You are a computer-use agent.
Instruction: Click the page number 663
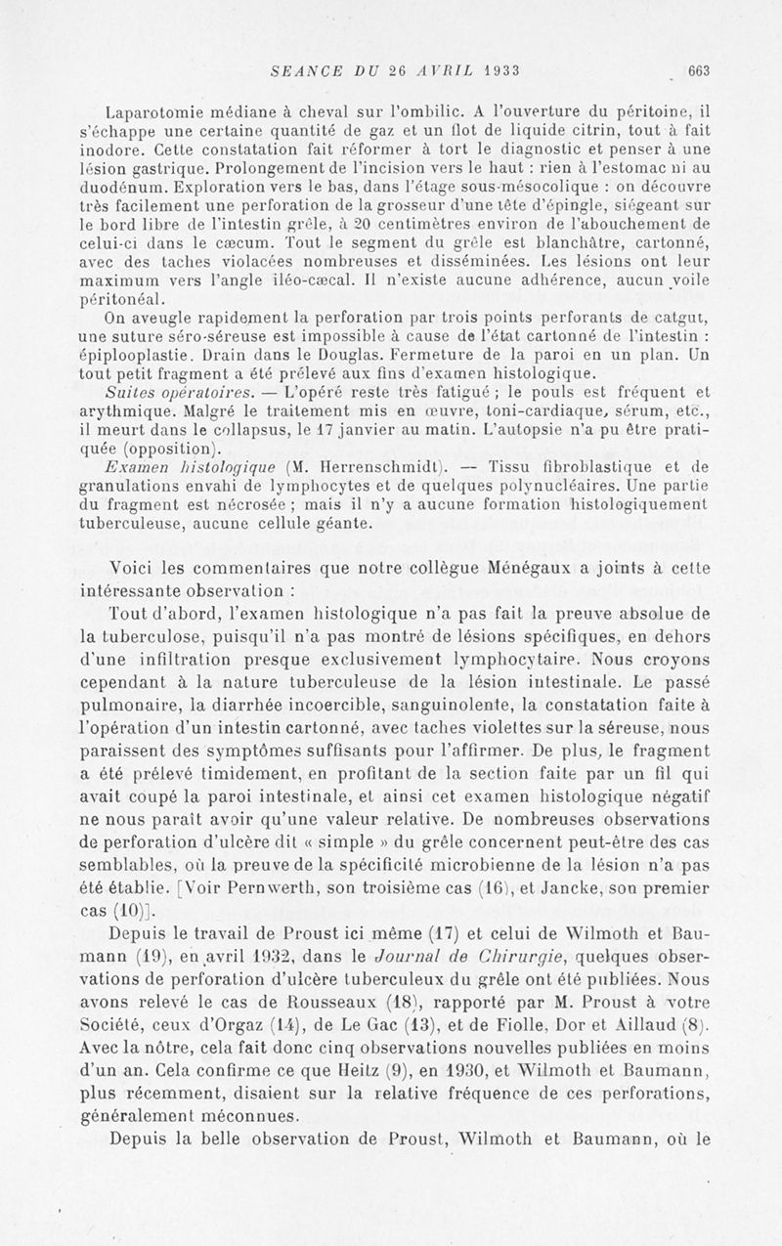point(698,69)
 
